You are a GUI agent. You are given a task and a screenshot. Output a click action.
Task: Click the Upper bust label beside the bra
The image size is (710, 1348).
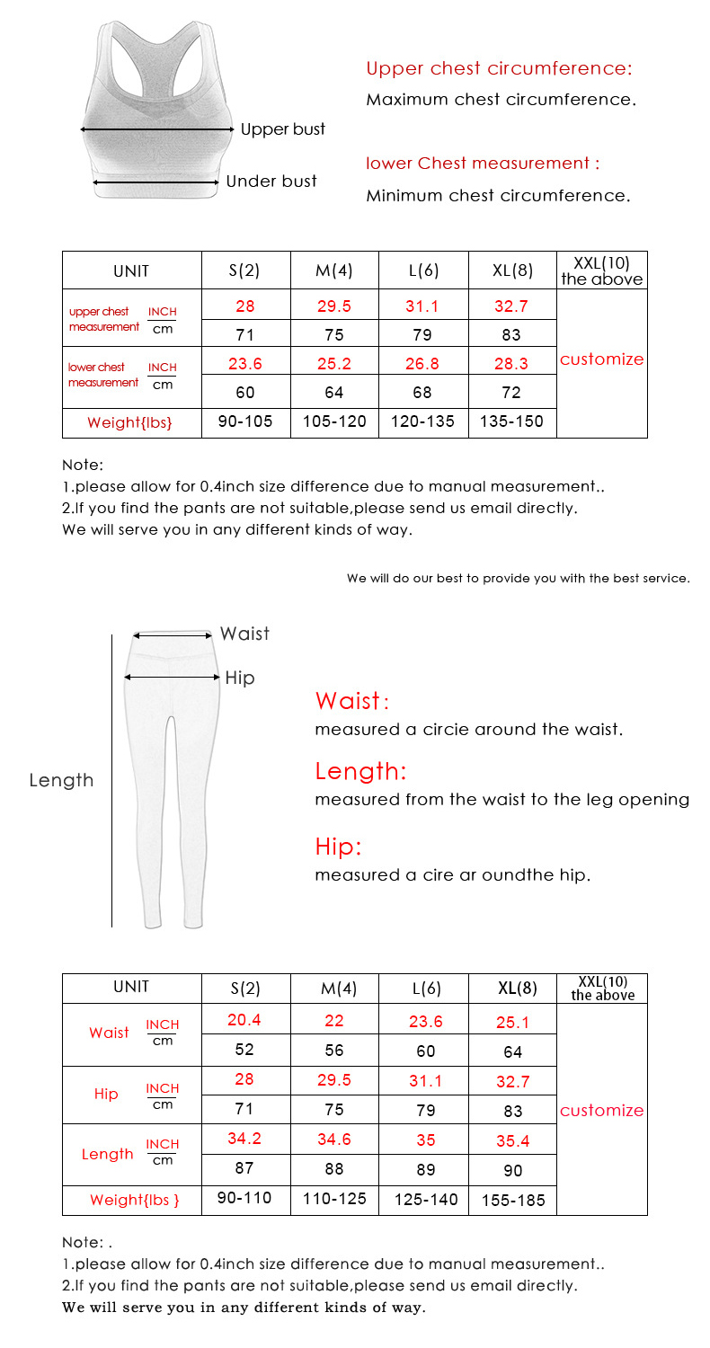coord(282,129)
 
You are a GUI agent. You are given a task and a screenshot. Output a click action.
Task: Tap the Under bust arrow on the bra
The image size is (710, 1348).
coord(157,182)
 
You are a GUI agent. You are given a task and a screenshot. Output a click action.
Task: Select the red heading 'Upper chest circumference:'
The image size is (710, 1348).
coord(499,68)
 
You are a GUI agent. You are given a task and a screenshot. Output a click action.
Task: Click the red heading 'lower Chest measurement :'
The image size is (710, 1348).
coord(483,164)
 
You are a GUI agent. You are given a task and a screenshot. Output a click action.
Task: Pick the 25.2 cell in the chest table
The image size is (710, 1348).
coord(334,364)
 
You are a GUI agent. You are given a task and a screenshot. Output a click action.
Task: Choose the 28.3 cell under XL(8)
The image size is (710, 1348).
coord(510,364)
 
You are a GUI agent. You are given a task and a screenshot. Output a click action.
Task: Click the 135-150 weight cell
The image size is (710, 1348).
coord(512,421)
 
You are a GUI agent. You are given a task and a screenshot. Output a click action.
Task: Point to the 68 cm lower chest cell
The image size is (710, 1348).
coord(422,393)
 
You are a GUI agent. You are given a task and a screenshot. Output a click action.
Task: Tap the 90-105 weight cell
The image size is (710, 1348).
coord(245,421)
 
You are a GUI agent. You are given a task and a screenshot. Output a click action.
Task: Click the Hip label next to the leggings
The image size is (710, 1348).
coord(239,678)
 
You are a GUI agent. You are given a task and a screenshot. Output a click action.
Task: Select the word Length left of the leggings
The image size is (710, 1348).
coord(61,780)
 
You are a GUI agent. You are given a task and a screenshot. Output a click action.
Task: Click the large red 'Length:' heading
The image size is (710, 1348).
coord(360,771)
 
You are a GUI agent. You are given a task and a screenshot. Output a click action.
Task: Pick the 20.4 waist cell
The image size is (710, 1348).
coord(244,1020)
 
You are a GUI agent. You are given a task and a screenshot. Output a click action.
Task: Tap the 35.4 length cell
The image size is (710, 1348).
coord(512,1140)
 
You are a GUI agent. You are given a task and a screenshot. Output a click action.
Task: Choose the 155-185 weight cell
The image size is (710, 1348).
coord(513,1200)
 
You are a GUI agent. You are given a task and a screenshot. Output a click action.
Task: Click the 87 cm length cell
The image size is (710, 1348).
coord(244,1168)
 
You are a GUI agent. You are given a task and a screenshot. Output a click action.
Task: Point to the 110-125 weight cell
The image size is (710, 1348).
coord(334,1199)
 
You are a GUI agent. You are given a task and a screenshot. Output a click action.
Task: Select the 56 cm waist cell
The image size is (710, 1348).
coord(334,1051)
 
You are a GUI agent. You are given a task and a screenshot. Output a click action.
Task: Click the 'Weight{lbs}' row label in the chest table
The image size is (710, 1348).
coord(129,422)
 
